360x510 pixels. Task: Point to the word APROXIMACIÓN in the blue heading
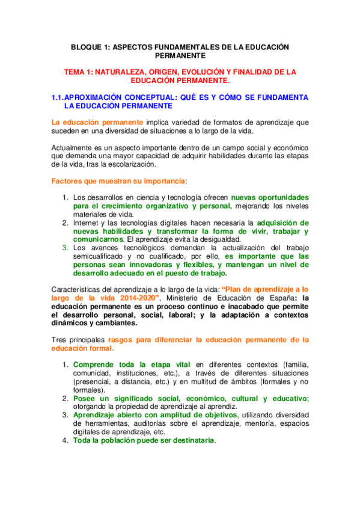pos(100,97)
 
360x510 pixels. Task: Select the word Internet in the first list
pos(87,223)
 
